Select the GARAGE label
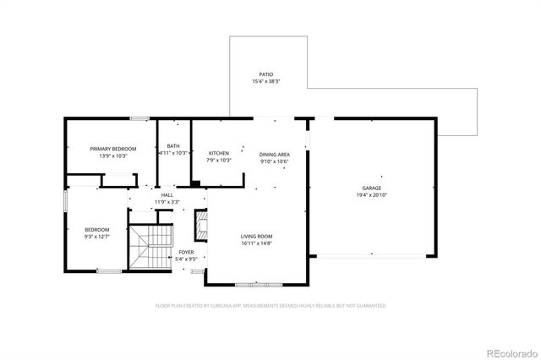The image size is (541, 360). pyautogui.click(x=372, y=188)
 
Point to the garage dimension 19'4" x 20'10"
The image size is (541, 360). pyautogui.click(x=372, y=195)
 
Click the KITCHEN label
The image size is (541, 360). pyautogui.click(x=218, y=153)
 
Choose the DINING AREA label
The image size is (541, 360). pyautogui.click(x=275, y=153)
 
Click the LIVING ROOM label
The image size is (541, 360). pyautogui.click(x=256, y=237)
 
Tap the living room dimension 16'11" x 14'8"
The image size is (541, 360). pyautogui.click(x=256, y=244)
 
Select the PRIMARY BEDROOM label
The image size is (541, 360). pyautogui.click(x=113, y=149)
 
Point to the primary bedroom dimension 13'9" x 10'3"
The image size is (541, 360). pyautogui.click(x=113, y=156)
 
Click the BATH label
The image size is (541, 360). pyautogui.click(x=173, y=145)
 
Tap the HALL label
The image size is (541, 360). pyautogui.click(x=167, y=194)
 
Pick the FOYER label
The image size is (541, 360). pyautogui.click(x=185, y=253)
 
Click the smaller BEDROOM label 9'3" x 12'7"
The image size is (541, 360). pyautogui.click(x=96, y=230)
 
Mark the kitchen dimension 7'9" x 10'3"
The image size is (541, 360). pyautogui.click(x=219, y=161)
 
